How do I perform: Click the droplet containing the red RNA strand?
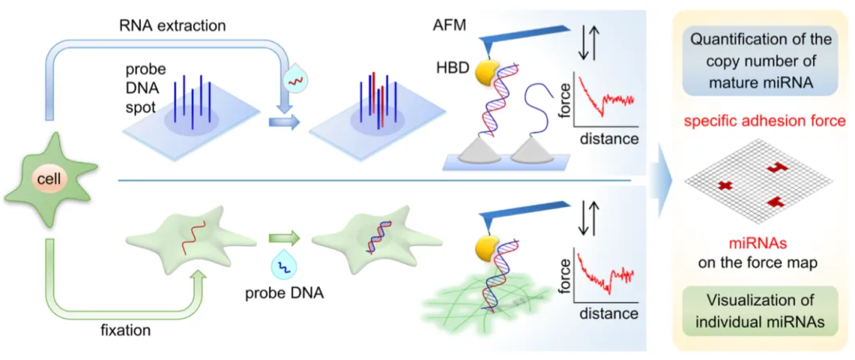(294, 79)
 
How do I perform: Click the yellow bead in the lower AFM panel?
(486, 251)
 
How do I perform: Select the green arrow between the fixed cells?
(280, 236)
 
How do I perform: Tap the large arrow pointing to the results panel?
(663, 182)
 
